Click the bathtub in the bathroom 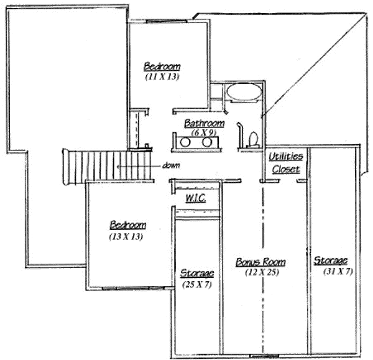244,93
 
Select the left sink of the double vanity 185,142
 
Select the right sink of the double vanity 206,142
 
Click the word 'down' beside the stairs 171,165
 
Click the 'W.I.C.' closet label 195,198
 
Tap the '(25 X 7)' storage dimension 196,284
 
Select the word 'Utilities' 285,157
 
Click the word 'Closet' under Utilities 285,169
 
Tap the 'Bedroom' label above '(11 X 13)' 162,66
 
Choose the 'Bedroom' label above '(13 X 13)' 128,225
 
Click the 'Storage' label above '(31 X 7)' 330,261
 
